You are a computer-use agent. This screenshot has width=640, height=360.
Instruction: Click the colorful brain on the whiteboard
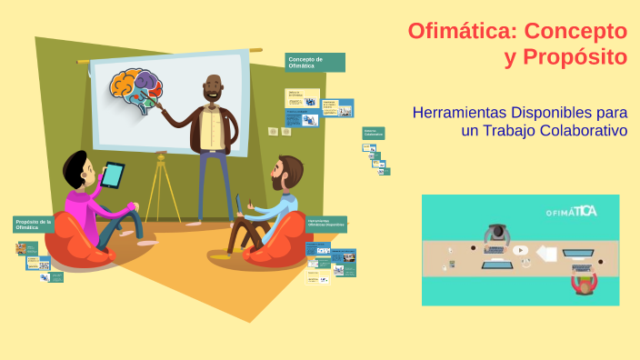pyautogui.click(x=135, y=91)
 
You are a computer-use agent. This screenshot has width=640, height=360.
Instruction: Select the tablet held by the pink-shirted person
pyautogui.click(x=113, y=175)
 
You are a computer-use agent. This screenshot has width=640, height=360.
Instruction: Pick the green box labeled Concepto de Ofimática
pyautogui.click(x=315, y=63)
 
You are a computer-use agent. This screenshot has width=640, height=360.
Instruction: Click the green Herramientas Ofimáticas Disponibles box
pyautogui.click(x=326, y=224)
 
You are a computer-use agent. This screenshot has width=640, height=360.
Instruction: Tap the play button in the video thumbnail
pyautogui.click(x=520, y=250)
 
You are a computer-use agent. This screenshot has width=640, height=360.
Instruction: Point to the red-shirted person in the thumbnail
pyautogui.click(x=583, y=283)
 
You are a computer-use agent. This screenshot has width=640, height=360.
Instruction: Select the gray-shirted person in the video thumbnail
pyautogui.click(x=495, y=235)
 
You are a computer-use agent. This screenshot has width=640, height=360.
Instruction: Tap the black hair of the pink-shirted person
pyautogui.click(x=75, y=166)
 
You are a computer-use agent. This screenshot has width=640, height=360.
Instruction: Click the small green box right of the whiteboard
pyautogui.click(x=374, y=133)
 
